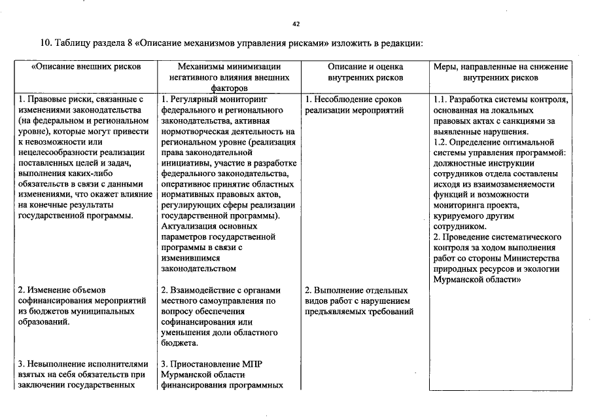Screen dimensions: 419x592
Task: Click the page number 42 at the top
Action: click(x=296, y=24)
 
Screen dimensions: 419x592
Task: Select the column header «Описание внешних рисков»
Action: click(x=86, y=67)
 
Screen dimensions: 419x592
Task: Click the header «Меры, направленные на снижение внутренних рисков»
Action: click(x=500, y=72)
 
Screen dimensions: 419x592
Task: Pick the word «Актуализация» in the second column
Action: click(x=190, y=226)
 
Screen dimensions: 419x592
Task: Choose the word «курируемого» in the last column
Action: click(x=458, y=215)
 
